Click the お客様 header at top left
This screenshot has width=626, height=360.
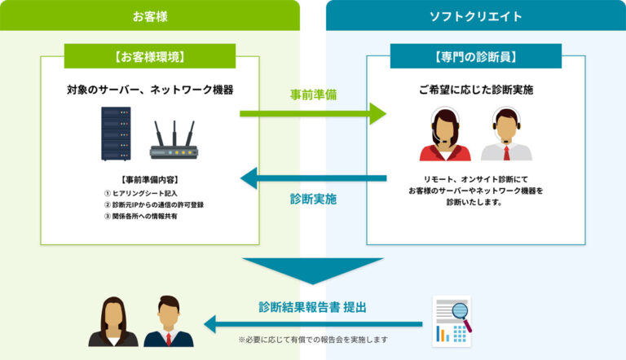pyautogui.click(x=149, y=15)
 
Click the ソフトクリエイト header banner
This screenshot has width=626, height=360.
pyautogui.click(x=475, y=15)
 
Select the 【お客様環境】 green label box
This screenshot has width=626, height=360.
pyautogui.click(x=149, y=56)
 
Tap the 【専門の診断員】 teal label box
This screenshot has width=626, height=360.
pyautogui.click(x=475, y=56)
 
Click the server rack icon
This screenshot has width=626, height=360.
pyautogui.click(x=109, y=134)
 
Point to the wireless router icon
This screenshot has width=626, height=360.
pyautogui.click(x=174, y=139)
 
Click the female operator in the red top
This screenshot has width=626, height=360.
pyautogui.click(x=445, y=135)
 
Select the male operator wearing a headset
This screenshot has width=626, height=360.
pyautogui.click(x=506, y=135)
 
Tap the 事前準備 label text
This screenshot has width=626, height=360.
pyautogui.click(x=313, y=94)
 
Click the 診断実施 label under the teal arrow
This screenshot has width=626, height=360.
pyautogui.click(x=313, y=199)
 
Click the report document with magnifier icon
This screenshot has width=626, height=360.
pyautogui.click(x=451, y=320)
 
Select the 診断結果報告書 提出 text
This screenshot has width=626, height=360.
pyautogui.click(x=313, y=307)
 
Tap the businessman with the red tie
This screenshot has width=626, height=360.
pyautogui.click(x=168, y=323)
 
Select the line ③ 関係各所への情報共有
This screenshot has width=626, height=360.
pyautogui.click(x=140, y=217)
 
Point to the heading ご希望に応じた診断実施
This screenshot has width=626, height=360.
pyautogui.click(x=475, y=90)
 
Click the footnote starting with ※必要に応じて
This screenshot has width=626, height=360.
pyautogui.click(x=313, y=339)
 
